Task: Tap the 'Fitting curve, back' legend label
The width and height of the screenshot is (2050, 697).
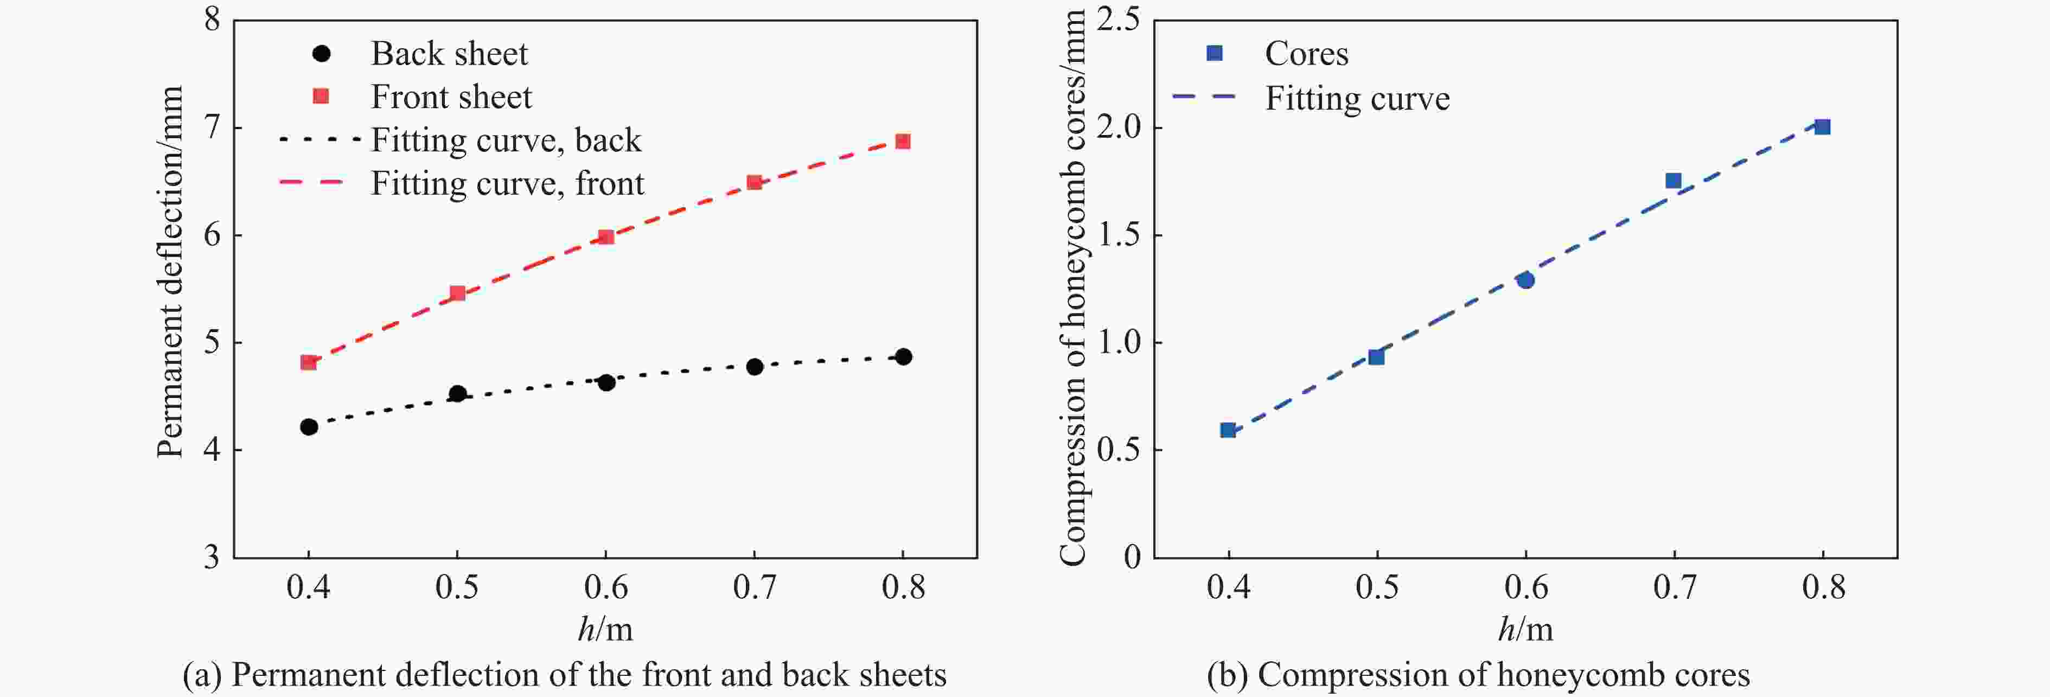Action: (x=506, y=141)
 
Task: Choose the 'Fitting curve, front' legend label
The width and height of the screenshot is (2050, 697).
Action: (x=507, y=184)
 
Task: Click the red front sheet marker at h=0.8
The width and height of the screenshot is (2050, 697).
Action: (x=903, y=142)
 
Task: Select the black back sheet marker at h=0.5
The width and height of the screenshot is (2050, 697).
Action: (x=458, y=394)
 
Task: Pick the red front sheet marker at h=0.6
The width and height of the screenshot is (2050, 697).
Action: (x=605, y=237)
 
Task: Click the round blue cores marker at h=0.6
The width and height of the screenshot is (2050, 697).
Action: (x=1525, y=280)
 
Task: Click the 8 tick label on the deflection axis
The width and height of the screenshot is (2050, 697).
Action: (x=212, y=19)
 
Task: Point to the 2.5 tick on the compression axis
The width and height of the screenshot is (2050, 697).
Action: (x=1117, y=19)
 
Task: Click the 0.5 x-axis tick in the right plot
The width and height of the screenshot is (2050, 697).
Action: (x=1377, y=588)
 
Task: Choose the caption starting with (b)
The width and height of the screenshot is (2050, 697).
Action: (x=1478, y=675)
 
